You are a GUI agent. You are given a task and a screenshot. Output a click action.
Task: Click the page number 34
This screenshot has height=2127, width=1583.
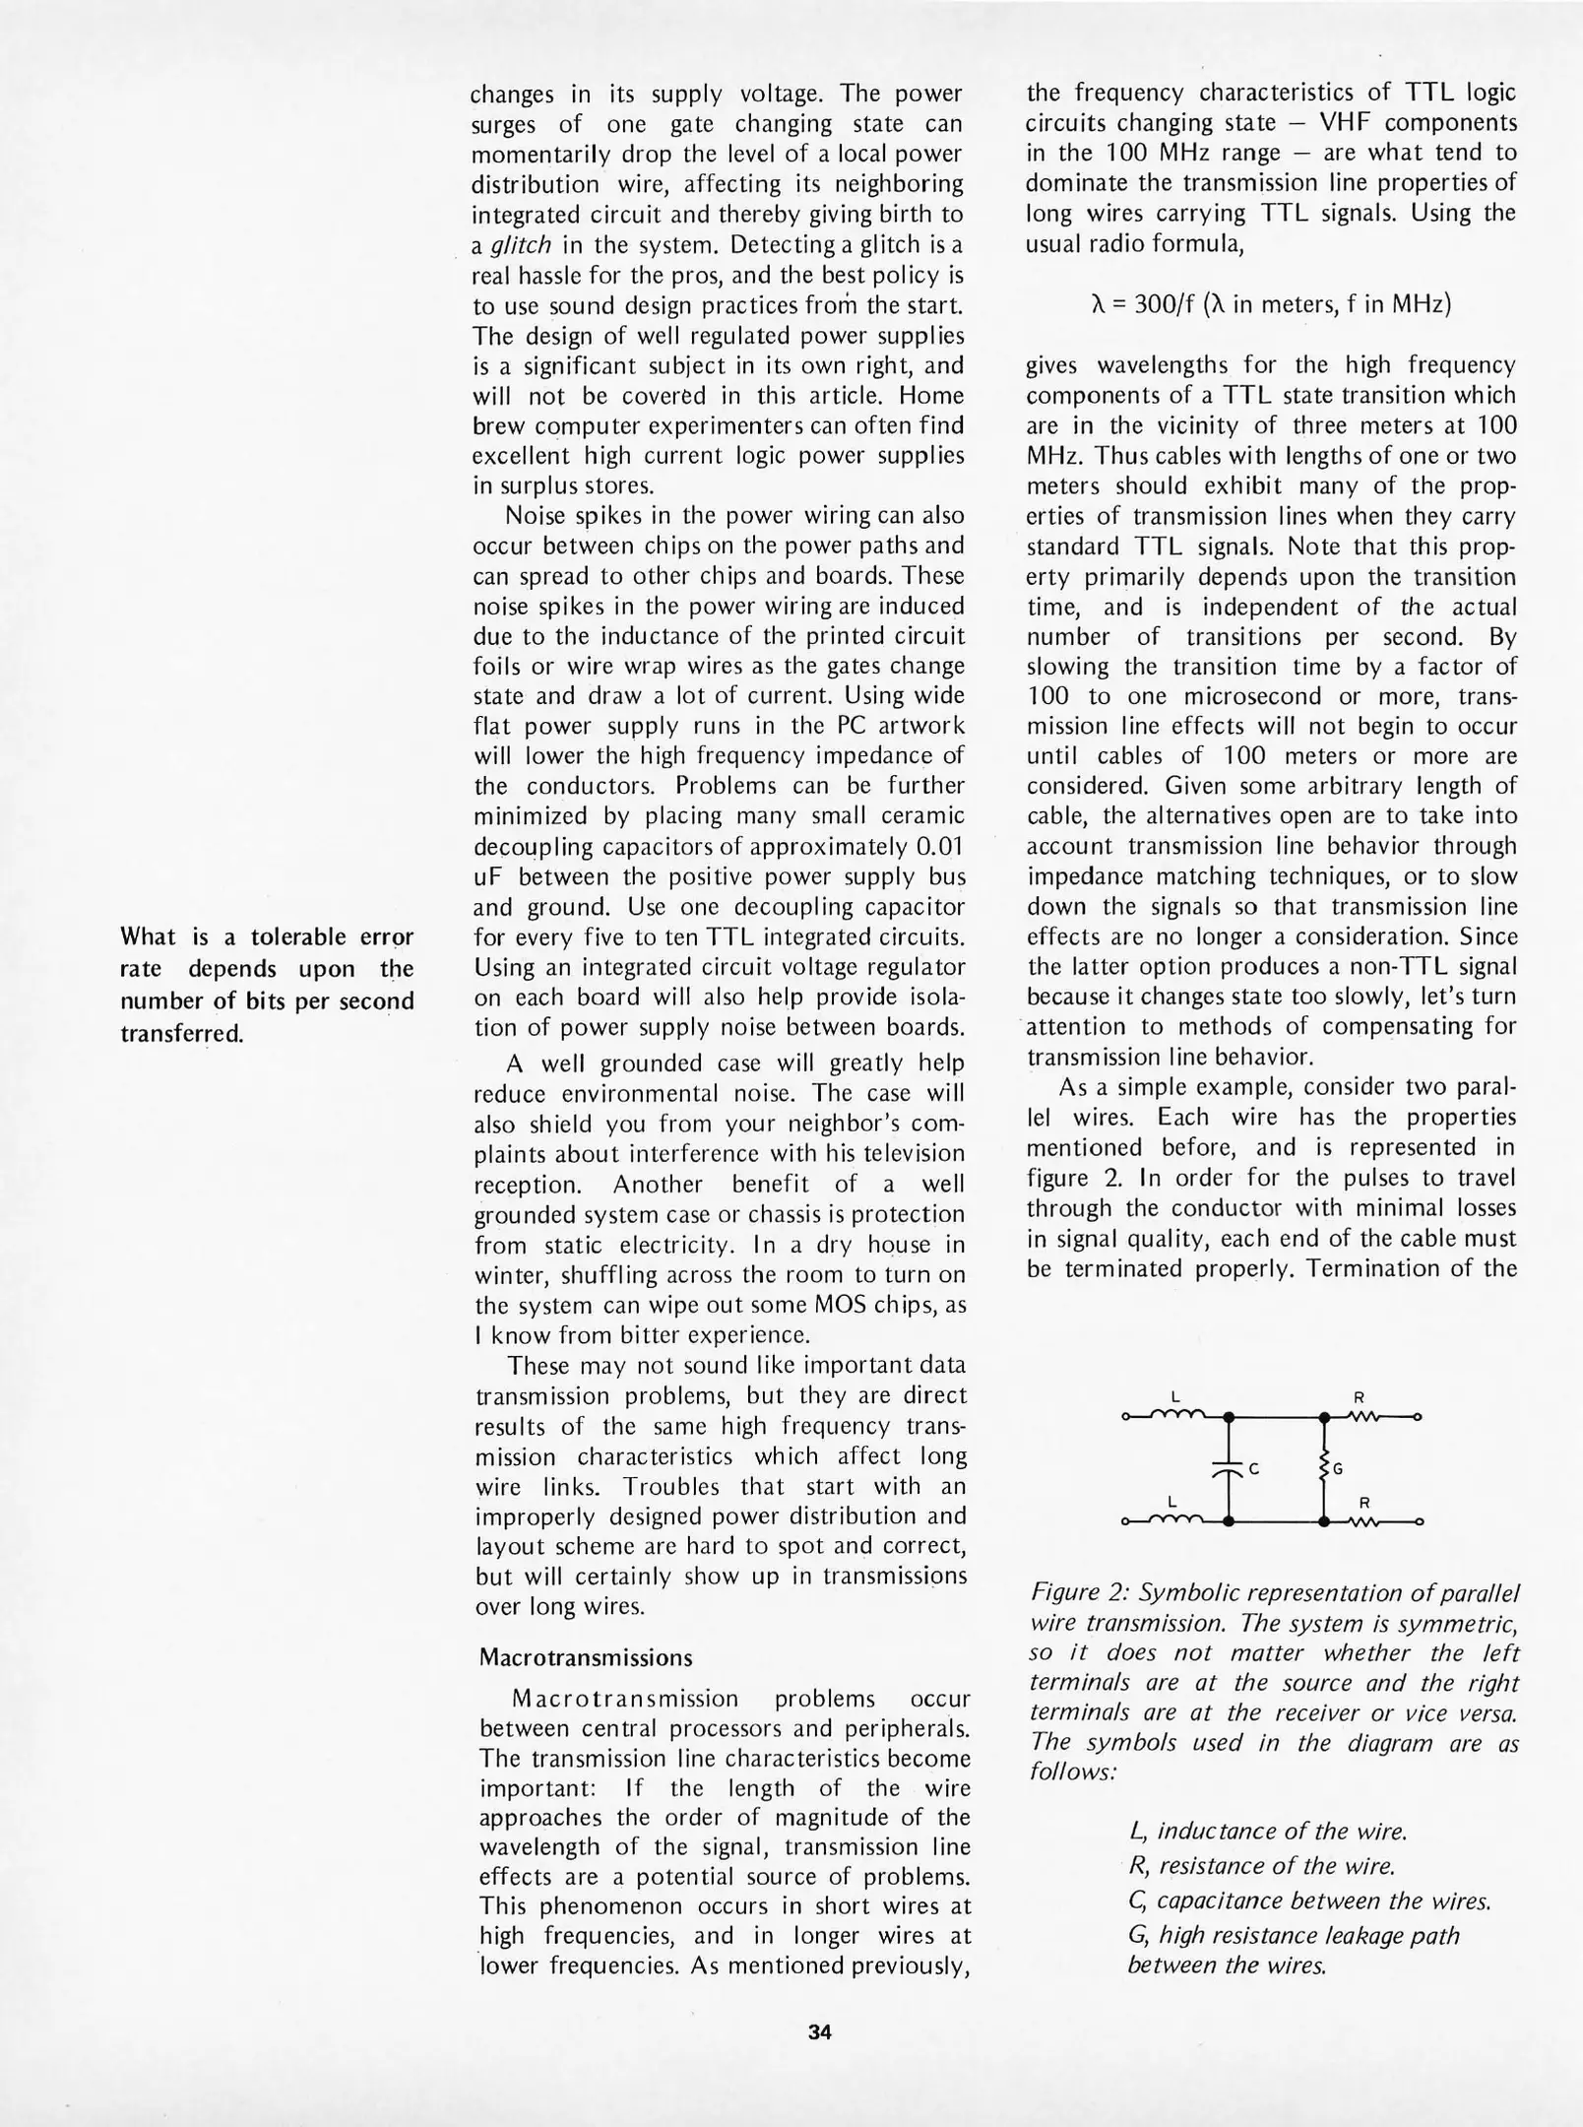[820, 2031]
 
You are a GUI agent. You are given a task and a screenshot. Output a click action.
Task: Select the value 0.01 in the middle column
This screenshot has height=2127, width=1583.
[937, 847]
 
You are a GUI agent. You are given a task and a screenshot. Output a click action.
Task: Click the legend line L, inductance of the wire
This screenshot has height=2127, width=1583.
[1268, 1832]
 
